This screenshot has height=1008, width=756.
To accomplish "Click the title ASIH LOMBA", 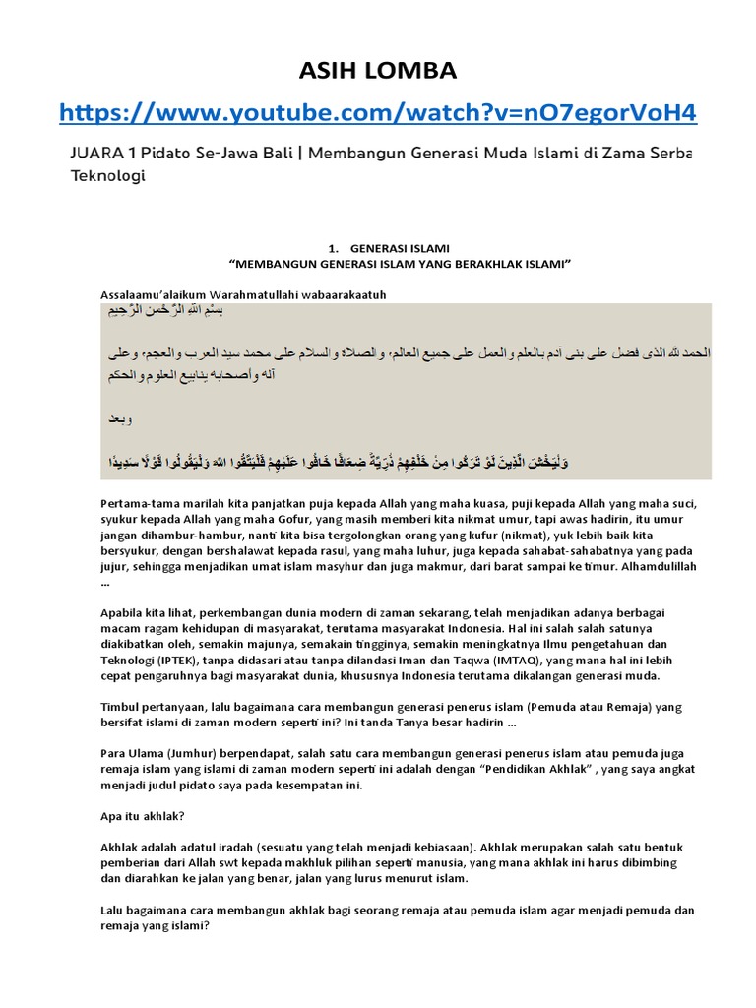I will click(x=377, y=70).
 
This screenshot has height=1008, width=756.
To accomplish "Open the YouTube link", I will click(x=378, y=115).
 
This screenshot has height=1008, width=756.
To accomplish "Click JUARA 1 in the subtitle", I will click(x=98, y=155).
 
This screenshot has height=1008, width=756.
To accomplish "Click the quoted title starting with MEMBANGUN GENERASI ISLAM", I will click(x=400, y=264).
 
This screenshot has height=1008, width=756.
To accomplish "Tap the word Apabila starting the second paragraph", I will click(x=123, y=613).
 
